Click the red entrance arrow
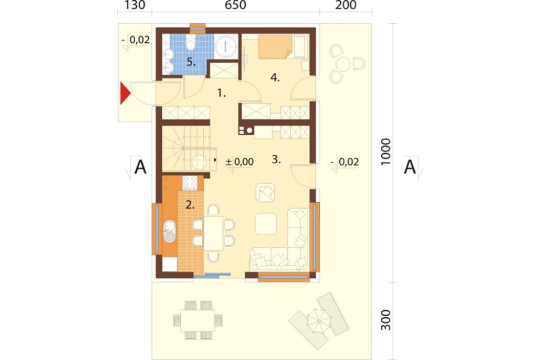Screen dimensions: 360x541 124,92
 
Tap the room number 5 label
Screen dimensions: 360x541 191,62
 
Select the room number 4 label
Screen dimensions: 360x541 275,78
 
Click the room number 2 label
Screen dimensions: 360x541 189,204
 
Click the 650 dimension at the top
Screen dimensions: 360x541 235,6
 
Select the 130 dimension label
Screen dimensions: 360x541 134,6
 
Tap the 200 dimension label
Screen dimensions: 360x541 346,6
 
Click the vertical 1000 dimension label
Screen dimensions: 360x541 385,152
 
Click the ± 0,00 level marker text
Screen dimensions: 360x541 240,161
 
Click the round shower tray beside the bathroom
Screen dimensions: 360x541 226,46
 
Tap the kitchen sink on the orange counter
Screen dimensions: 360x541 169,231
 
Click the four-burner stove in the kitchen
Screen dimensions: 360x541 189,183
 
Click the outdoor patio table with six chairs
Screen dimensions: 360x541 195,321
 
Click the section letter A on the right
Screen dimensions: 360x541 410,168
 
